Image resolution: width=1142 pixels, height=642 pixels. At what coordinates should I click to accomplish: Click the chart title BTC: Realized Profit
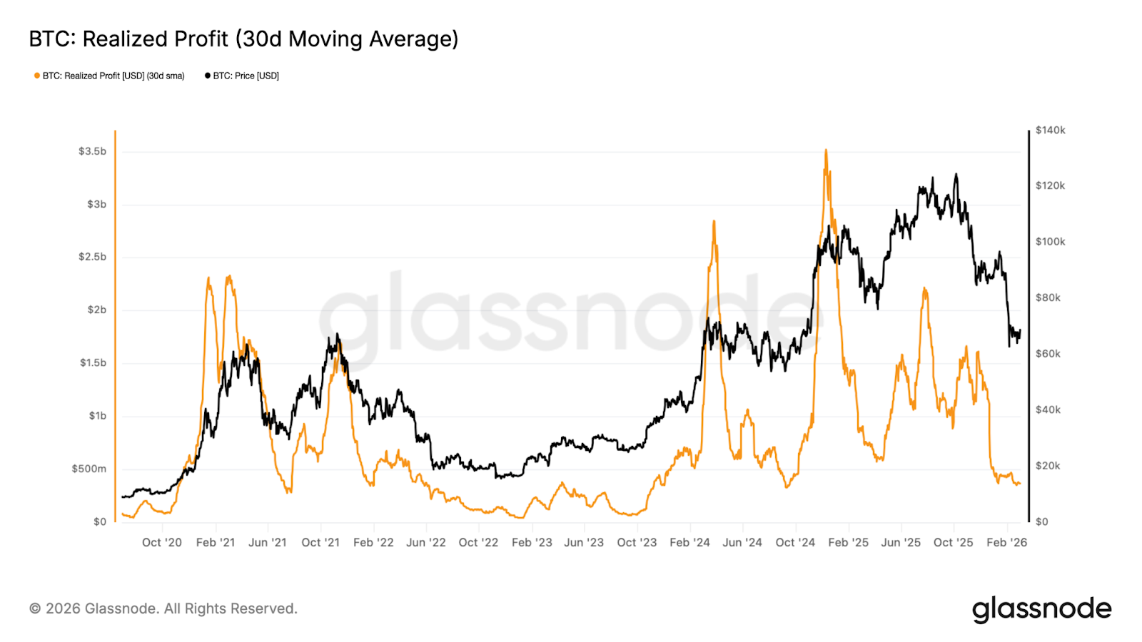(243, 39)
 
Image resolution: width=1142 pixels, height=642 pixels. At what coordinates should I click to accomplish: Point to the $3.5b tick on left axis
(92, 151)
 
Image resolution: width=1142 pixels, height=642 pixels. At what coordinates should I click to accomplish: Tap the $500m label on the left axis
(89, 469)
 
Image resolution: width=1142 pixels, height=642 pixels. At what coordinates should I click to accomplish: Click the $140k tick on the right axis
(1050, 130)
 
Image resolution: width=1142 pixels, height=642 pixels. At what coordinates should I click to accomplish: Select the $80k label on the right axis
(1048, 297)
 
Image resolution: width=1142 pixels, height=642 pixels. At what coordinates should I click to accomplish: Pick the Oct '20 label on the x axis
(162, 542)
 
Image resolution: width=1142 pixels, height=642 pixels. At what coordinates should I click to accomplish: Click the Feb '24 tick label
(689, 542)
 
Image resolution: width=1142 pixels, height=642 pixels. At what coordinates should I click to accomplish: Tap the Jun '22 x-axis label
(425, 542)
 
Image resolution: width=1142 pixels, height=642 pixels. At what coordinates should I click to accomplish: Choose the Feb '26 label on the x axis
(1006, 542)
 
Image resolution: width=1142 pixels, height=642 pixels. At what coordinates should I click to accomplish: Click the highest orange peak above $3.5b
(826, 151)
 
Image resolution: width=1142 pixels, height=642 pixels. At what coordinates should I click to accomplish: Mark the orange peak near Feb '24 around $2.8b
(714, 222)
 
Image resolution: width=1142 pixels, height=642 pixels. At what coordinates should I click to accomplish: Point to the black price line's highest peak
(956, 174)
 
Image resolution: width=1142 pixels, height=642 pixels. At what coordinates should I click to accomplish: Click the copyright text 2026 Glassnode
(163, 608)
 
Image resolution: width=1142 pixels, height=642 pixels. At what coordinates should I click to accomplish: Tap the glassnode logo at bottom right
(1041, 609)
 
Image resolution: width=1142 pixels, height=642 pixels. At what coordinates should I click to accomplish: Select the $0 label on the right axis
(1041, 521)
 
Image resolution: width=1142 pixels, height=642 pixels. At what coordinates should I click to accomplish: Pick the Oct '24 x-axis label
(795, 542)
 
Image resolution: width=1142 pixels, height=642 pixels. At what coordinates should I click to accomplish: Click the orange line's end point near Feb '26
(1019, 484)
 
